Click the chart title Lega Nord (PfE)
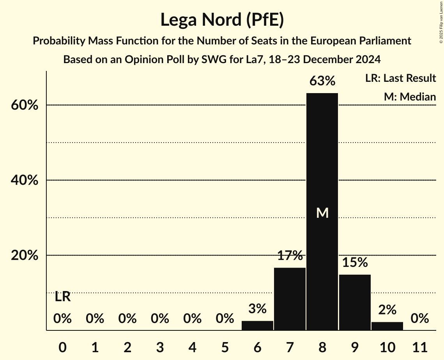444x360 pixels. (222, 20)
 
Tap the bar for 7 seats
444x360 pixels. (290, 299)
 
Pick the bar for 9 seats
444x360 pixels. (354, 302)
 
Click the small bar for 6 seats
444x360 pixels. (257, 326)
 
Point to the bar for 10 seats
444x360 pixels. (387, 326)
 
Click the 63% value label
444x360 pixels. (322, 81)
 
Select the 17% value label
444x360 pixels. (290, 256)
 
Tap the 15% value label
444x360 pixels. (355, 263)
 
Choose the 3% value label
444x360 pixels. (257, 309)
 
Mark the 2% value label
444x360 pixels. (387, 310)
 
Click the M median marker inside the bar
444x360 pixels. (322, 213)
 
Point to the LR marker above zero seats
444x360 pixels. (62, 297)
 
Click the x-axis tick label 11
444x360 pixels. (419, 346)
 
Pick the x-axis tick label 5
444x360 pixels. (225, 346)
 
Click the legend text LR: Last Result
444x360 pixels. (400, 78)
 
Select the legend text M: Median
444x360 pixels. (410, 97)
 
